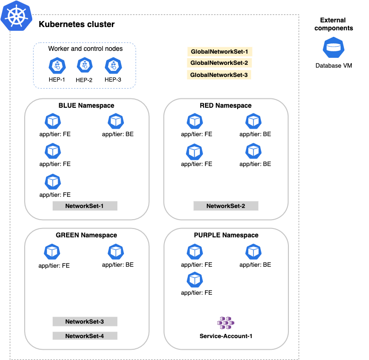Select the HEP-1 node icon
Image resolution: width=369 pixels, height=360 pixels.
point(57,66)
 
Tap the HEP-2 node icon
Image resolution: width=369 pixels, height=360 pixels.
point(84,66)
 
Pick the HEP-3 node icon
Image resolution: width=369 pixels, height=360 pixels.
point(113,66)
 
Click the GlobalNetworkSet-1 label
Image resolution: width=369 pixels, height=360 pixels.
point(219,52)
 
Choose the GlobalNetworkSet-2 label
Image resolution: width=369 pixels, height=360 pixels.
point(219,63)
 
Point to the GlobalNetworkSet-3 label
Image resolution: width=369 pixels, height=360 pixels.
point(219,75)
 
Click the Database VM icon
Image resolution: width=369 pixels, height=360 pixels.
point(333,48)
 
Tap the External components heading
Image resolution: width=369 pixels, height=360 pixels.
point(333,24)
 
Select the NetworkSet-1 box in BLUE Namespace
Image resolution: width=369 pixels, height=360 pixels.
point(84,206)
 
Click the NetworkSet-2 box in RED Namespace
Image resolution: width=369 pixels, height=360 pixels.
point(225,206)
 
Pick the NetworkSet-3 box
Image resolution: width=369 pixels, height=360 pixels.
point(84,321)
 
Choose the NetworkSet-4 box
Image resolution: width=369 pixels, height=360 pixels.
point(84,336)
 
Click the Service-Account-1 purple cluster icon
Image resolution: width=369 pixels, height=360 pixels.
point(225,322)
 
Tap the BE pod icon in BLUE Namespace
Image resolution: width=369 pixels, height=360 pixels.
point(116,122)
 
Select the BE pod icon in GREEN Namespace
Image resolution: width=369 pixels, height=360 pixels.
point(116,252)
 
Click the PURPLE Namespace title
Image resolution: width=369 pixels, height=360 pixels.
point(226,235)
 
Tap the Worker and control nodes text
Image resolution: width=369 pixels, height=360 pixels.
point(85,49)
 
